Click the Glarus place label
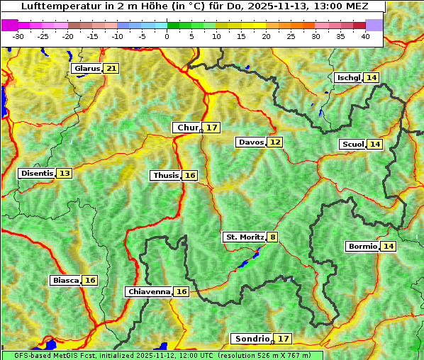[87, 68]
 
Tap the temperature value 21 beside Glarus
[111, 68]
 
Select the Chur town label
[187, 128]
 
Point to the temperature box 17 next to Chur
[212, 128]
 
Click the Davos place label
[251, 142]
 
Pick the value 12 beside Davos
[274, 142]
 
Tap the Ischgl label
[348, 77]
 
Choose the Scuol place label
[352, 144]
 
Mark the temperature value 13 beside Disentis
[65, 173]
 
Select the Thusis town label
[165, 175]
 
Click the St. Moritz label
[244, 237]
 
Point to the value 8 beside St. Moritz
[273, 237]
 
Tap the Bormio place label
[362, 246]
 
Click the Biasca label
[65, 280]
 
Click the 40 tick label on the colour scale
[365, 36]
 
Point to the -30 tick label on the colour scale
[18, 36]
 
